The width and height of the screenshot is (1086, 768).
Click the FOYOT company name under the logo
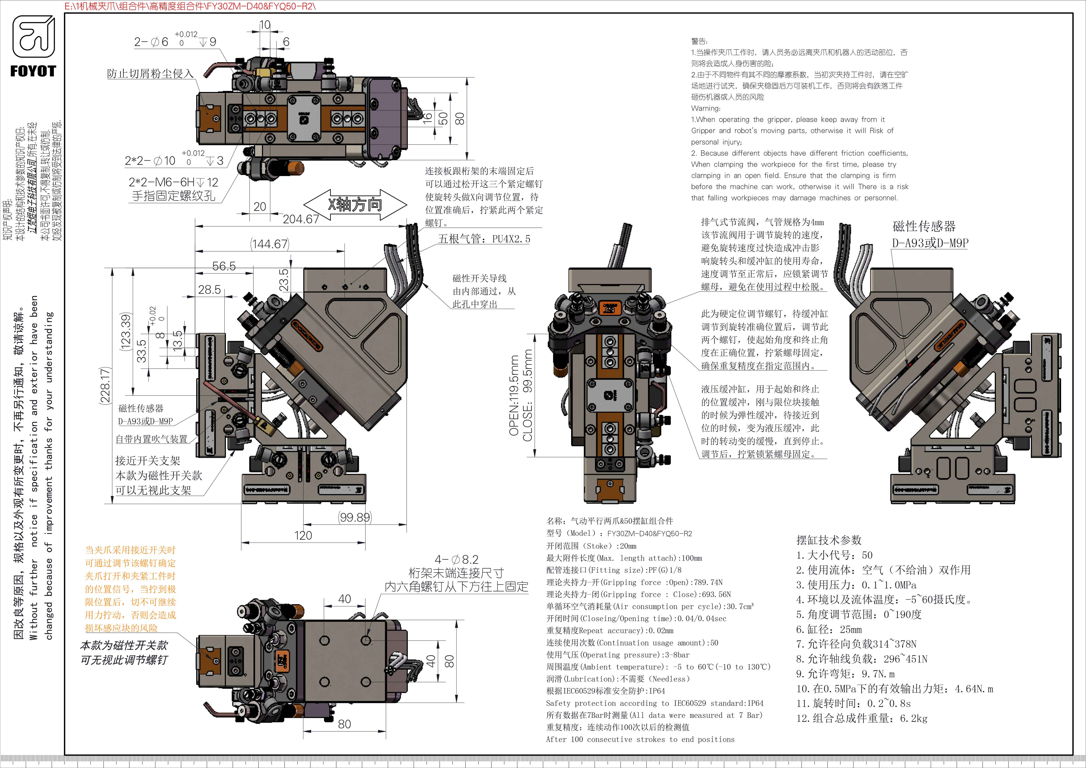(33, 71)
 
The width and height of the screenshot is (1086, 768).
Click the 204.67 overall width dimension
(301, 219)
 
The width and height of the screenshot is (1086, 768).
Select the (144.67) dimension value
(270, 244)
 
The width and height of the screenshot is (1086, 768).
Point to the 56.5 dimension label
(224, 266)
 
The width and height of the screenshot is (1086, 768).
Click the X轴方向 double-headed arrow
(355, 205)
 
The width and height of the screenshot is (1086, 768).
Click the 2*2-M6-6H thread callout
(173, 183)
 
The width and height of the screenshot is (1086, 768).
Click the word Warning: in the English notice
(706, 108)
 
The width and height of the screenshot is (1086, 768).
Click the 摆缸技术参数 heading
(829, 540)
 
